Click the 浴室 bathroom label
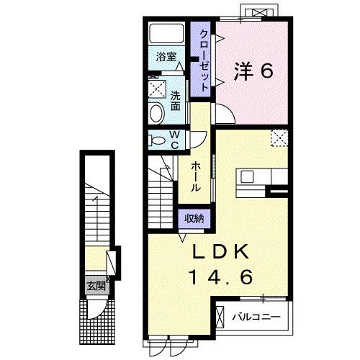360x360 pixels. (x=166, y=57)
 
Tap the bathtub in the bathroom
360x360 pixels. (x=166, y=33)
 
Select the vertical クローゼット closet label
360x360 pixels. (x=204, y=60)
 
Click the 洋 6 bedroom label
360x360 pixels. (x=253, y=71)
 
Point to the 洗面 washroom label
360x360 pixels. (x=176, y=101)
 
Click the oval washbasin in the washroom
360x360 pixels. (x=157, y=113)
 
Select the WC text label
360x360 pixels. (x=174, y=140)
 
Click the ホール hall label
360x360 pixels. (x=196, y=176)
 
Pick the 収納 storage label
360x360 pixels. (x=194, y=218)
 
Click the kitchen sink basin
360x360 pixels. (x=247, y=177)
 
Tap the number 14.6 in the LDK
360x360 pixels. (x=221, y=277)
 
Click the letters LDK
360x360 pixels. (x=220, y=252)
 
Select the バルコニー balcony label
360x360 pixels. (x=256, y=318)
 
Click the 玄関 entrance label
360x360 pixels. (x=96, y=286)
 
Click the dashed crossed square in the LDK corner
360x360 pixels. (x=279, y=138)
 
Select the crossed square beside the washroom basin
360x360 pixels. (x=157, y=89)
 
